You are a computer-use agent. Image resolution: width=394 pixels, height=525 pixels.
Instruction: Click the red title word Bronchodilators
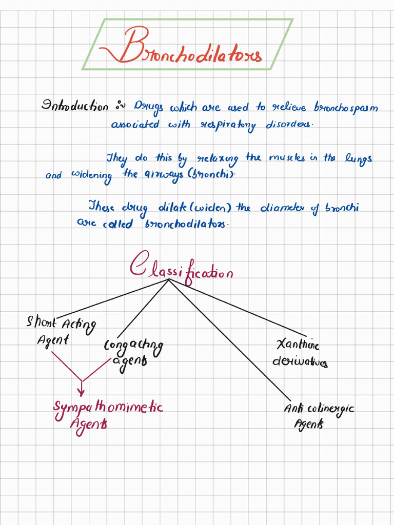click(181, 47)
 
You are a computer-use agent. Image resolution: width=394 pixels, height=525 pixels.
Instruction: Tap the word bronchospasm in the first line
click(346, 107)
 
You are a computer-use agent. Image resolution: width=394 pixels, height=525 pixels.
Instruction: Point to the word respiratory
click(228, 125)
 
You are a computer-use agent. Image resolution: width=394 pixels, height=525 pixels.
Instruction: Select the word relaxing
click(218, 159)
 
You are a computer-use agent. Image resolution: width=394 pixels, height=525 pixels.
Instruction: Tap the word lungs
click(358, 158)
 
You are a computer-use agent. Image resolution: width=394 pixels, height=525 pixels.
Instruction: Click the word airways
click(163, 175)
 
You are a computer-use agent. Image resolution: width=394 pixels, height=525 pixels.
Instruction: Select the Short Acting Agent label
click(61, 330)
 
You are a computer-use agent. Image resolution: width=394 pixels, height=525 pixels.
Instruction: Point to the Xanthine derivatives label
click(300, 353)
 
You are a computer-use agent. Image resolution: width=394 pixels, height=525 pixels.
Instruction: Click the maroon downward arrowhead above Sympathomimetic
click(81, 392)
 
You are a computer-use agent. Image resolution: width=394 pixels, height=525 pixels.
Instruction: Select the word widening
click(91, 175)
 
